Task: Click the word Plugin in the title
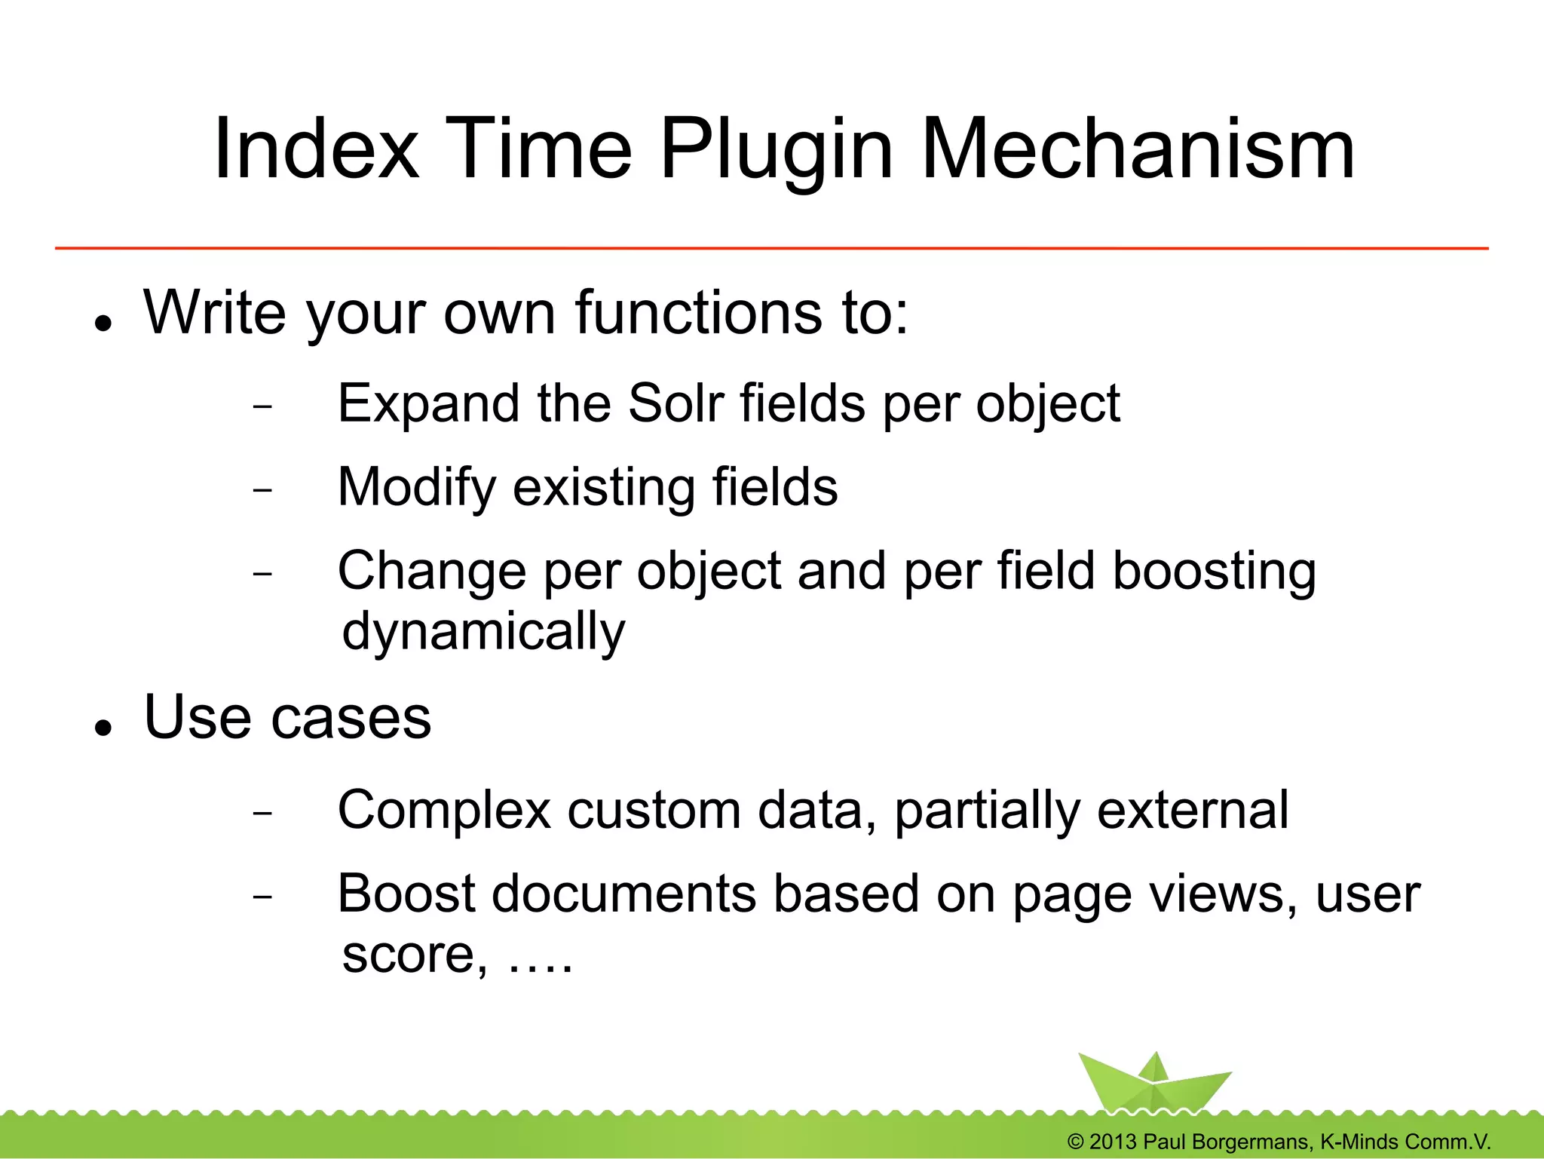[777, 151]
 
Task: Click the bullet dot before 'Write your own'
[104, 323]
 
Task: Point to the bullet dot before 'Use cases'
[104, 728]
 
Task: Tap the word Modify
[416, 488]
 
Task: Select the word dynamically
[482, 632]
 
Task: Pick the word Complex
[444, 811]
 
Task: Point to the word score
[408, 955]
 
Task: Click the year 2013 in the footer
[1113, 1142]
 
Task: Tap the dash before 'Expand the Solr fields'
[262, 406]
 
